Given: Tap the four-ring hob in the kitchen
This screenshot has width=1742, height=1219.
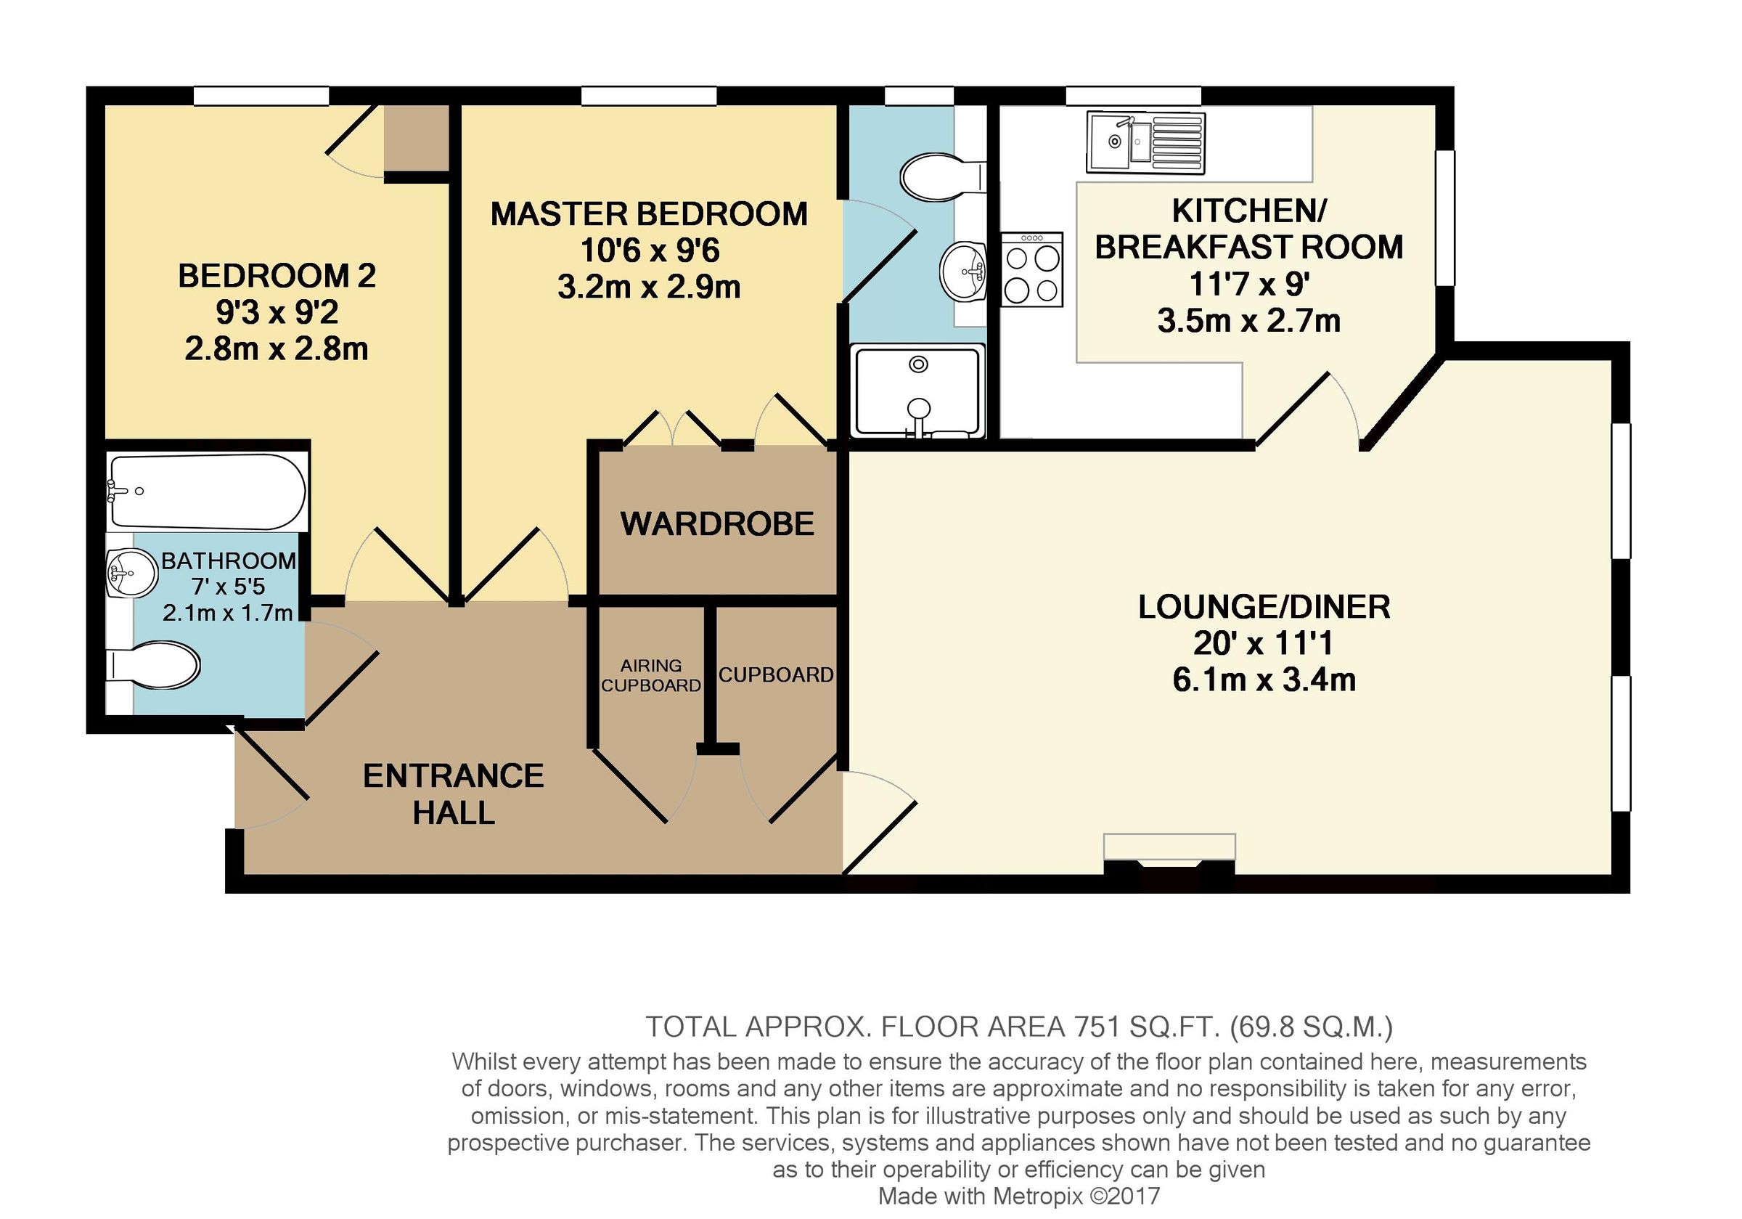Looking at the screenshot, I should pos(1032,269).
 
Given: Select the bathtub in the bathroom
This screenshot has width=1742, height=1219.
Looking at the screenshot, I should pos(207,491).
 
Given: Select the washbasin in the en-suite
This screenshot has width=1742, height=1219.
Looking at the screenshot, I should pos(964,271).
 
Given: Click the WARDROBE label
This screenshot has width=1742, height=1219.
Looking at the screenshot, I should pos(717,524).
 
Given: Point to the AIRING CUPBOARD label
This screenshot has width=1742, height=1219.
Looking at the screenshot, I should pos(651,675).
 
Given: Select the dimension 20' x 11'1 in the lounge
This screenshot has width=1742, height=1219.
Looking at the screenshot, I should pos(1263,644).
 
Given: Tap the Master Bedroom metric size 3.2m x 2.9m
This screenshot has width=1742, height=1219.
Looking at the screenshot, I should pos(649,288).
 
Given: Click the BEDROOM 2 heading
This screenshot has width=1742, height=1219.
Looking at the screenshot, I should pos(277,276).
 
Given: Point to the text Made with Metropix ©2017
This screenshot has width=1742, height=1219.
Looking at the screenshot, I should pos(1019,1196).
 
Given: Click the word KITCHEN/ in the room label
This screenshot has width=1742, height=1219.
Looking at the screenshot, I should pos(1249,211).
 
